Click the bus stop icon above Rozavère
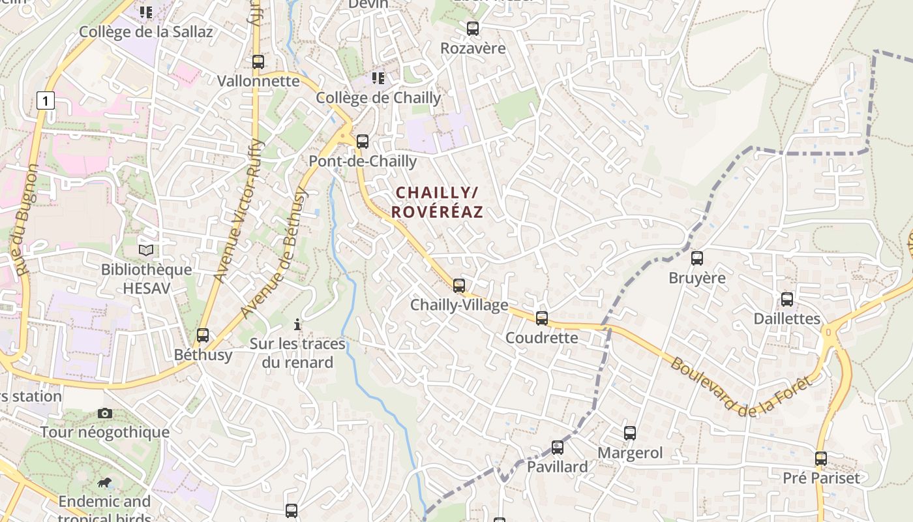click(x=473, y=29)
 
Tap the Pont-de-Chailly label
click(x=363, y=161)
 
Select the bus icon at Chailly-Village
click(x=459, y=285)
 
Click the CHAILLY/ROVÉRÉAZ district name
click(x=437, y=202)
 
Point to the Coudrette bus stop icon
click(x=542, y=318)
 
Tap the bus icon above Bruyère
click(x=697, y=258)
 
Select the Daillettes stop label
click(x=786, y=318)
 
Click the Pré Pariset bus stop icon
click(x=821, y=459)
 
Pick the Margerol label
click(x=630, y=453)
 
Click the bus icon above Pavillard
click(x=558, y=448)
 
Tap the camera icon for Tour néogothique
click(x=104, y=413)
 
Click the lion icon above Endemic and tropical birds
click(x=104, y=483)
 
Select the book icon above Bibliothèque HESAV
click(x=147, y=250)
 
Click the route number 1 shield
click(x=45, y=100)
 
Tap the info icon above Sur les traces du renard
click(x=297, y=324)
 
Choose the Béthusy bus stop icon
click(x=203, y=335)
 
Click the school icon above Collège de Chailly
click(x=378, y=78)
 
